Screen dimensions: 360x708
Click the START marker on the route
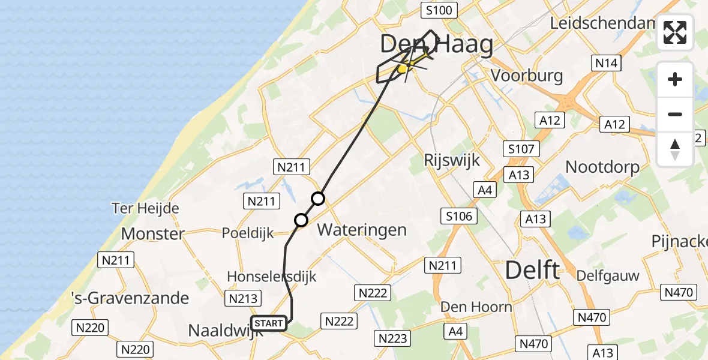(268, 323)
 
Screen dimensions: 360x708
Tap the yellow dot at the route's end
(403, 69)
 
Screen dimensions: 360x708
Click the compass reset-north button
(675, 149)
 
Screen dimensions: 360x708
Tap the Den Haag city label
(436, 45)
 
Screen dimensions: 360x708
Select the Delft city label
(532, 270)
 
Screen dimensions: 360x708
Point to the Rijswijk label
(449, 160)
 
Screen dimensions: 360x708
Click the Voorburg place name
(527, 76)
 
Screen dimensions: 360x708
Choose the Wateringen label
(362, 229)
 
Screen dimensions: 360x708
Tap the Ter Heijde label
(145, 208)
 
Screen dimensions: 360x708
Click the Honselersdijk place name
(271, 276)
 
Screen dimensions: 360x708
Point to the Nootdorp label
(602, 167)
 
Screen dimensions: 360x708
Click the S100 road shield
(439, 10)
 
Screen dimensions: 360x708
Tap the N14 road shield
(606, 63)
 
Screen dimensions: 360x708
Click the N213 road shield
(243, 298)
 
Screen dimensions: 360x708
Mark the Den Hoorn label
(476, 307)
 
